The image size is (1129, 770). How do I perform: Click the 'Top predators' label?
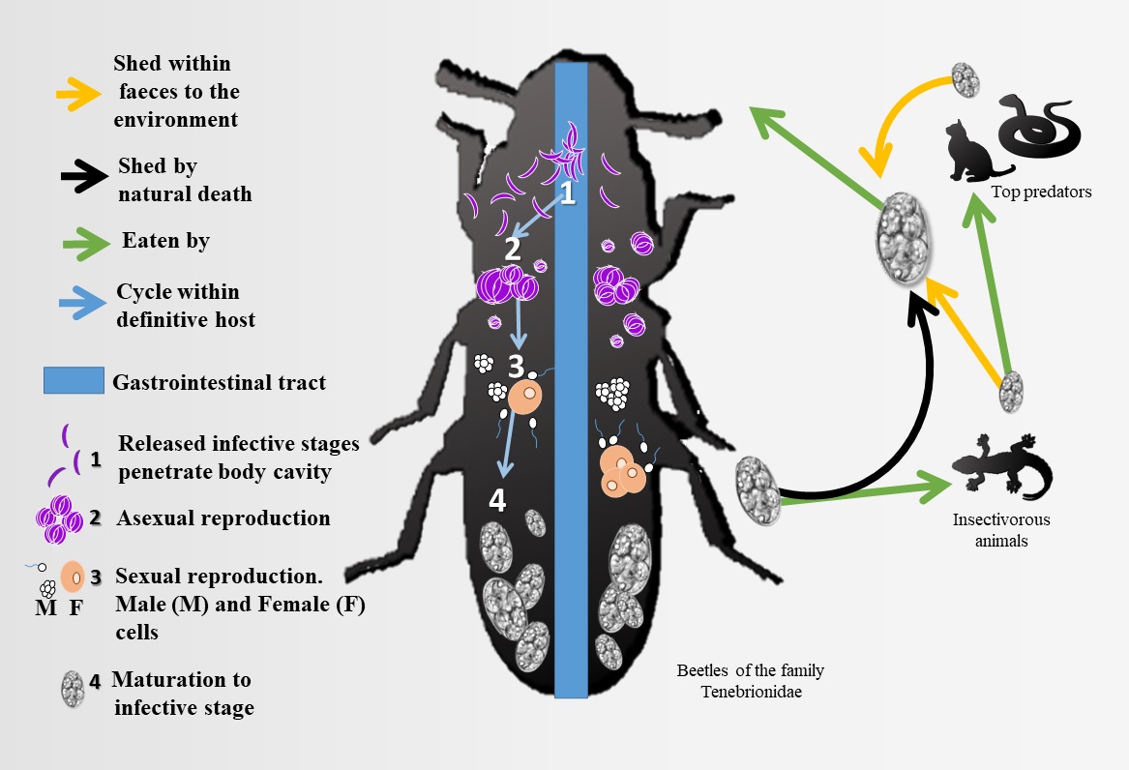pos(1041,192)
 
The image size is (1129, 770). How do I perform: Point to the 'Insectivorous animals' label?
pos(1000,530)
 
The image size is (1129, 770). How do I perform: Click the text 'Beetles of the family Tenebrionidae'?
pos(750,680)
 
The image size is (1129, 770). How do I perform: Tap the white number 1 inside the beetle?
pos(568,194)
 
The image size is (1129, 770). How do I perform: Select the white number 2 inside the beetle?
pos(512,249)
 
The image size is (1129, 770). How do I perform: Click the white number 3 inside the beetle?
pos(517,367)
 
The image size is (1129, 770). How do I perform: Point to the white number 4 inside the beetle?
pos(497,501)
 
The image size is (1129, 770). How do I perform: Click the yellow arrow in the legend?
pos(78,92)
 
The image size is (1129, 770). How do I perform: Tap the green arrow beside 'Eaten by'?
pos(80,242)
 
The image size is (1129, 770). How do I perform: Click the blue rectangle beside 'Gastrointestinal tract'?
pos(73,381)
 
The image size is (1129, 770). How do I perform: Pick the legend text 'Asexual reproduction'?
pos(223,518)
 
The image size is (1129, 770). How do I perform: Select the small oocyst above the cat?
pos(966,79)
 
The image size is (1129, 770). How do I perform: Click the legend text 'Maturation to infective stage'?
pos(184,694)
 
